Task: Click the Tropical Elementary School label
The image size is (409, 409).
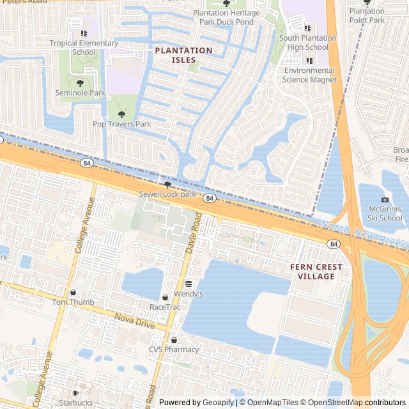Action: tap(84, 48)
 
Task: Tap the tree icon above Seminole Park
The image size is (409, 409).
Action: tap(80, 83)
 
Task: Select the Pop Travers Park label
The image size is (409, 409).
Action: tap(121, 124)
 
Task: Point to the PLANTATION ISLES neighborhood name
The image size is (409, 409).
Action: tap(183, 55)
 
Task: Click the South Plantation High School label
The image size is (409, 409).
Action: tap(307, 43)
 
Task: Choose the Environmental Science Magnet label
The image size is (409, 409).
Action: tap(309, 75)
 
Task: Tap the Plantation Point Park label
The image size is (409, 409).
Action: tap(367, 15)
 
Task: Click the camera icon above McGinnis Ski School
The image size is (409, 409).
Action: tap(385, 200)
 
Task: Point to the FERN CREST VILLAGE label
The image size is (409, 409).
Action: tap(316, 272)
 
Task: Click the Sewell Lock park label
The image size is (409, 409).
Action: tap(167, 194)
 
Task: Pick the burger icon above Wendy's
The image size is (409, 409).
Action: tap(189, 284)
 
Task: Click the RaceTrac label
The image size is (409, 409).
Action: tap(165, 307)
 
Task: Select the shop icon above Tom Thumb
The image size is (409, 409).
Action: tap(73, 293)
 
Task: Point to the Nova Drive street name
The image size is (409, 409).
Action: tap(135, 321)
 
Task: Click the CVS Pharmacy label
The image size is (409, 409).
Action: tap(174, 350)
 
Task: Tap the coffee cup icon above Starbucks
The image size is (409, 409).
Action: tap(76, 394)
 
